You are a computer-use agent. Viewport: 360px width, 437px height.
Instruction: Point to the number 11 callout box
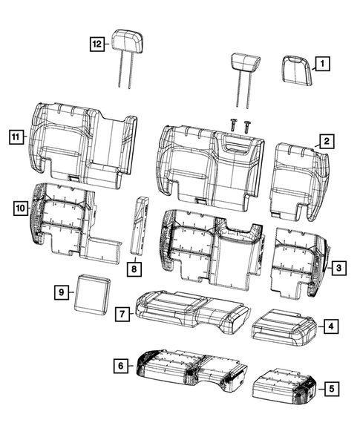pos(15,137)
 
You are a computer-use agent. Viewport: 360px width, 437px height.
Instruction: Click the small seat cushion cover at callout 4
pos(285,326)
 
